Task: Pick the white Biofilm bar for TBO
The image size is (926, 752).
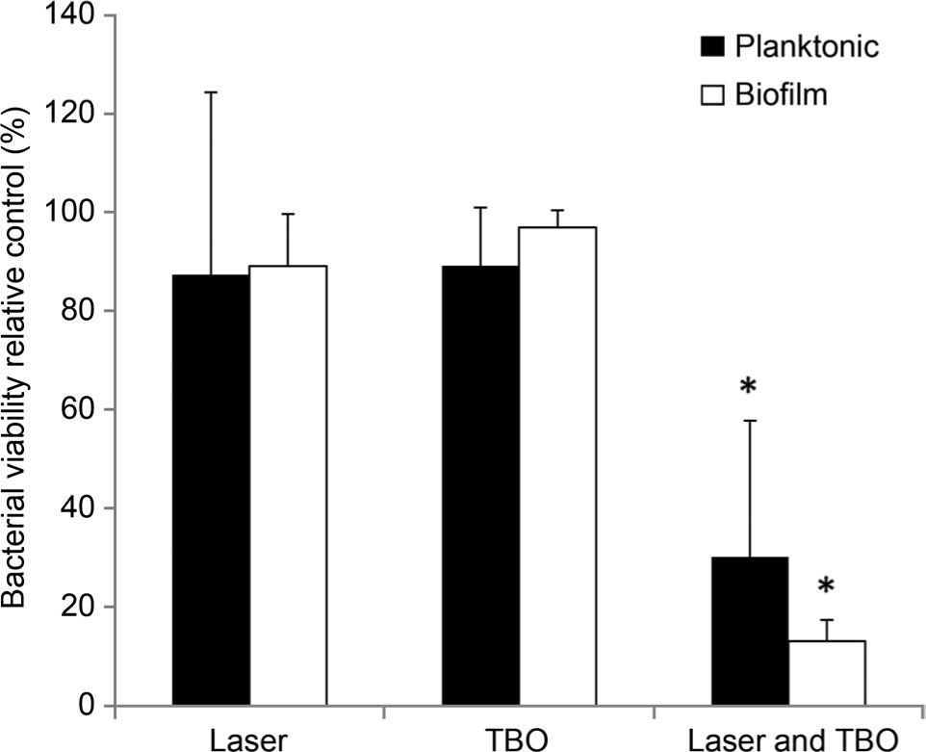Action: pyautogui.click(x=557, y=466)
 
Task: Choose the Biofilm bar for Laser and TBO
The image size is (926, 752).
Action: pyautogui.click(x=827, y=672)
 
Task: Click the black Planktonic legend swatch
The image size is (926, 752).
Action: pyautogui.click(x=713, y=47)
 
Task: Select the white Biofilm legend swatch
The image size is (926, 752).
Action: pyautogui.click(x=713, y=95)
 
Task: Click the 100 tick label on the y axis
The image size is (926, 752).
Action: pyautogui.click(x=73, y=212)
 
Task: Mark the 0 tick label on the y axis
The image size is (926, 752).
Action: pyautogui.click(x=88, y=706)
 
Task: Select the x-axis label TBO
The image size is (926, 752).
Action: pyautogui.click(x=520, y=739)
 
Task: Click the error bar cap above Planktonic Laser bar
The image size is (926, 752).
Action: pyautogui.click(x=211, y=92)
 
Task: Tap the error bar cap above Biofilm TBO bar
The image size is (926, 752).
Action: pyautogui.click(x=557, y=210)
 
